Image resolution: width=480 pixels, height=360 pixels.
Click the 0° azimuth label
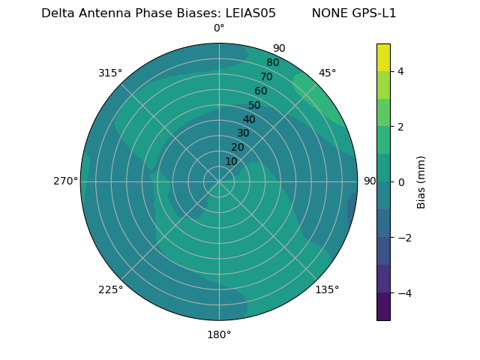click(x=219, y=28)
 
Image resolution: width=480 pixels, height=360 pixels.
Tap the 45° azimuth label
click(x=327, y=73)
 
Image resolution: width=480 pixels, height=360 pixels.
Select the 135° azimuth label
click(x=327, y=289)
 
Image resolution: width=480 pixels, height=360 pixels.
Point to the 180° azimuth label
click(x=219, y=334)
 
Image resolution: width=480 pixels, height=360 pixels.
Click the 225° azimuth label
click(x=110, y=290)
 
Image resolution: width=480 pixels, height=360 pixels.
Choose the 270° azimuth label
click(x=65, y=181)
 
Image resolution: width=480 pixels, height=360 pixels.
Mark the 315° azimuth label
click(x=110, y=73)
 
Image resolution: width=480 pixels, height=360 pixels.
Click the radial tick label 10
click(x=231, y=161)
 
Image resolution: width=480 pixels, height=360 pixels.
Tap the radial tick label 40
click(x=249, y=119)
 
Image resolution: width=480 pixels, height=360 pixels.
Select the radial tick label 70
click(x=266, y=76)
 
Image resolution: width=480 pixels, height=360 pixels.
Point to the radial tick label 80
click(x=272, y=63)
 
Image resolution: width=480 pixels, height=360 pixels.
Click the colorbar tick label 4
click(x=401, y=71)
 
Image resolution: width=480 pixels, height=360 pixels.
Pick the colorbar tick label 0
click(x=401, y=181)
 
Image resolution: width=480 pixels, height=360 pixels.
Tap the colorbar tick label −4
click(x=401, y=292)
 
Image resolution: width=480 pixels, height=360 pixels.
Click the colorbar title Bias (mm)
click(x=421, y=181)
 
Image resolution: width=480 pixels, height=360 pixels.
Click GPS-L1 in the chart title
click(x=372, y=13)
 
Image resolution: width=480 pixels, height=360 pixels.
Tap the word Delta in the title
click(x=57, y=13)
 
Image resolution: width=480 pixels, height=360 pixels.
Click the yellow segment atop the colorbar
click(x=383, y=57)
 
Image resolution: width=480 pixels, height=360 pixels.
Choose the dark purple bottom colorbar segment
click(x=383, y=307)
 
